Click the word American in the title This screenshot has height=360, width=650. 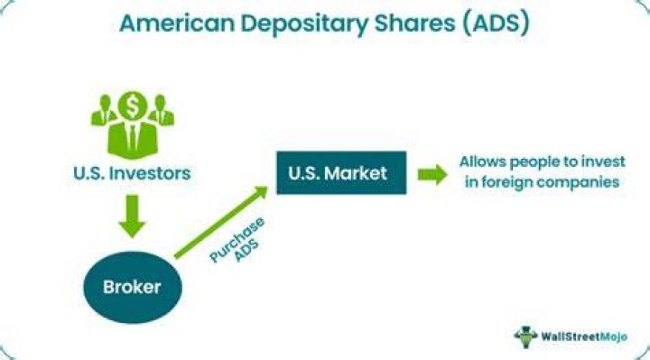click(177, 23)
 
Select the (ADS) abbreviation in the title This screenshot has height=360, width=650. click(497, 23)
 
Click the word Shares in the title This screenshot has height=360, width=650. click(414, 23)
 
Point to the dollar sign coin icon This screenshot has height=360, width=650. click(132, 106)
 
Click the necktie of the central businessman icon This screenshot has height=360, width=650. click(132, 137)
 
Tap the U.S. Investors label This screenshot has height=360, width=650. click(132, 173)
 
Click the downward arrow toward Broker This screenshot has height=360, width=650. click(132, 217)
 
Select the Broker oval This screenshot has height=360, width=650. click(133, 287)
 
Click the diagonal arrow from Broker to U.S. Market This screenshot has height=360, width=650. click(221, 223)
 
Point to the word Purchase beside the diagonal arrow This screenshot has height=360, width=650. click(237, 239)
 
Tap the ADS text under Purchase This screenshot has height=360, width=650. click(246, 249)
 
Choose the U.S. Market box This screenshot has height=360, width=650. click(341, 172)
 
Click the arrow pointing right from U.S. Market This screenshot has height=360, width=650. click(432, 174)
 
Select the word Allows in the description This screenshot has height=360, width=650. click(482, 162)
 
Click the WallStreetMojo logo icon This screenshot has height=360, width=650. click(525, 337)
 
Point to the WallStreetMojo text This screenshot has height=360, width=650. click(584, 337)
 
